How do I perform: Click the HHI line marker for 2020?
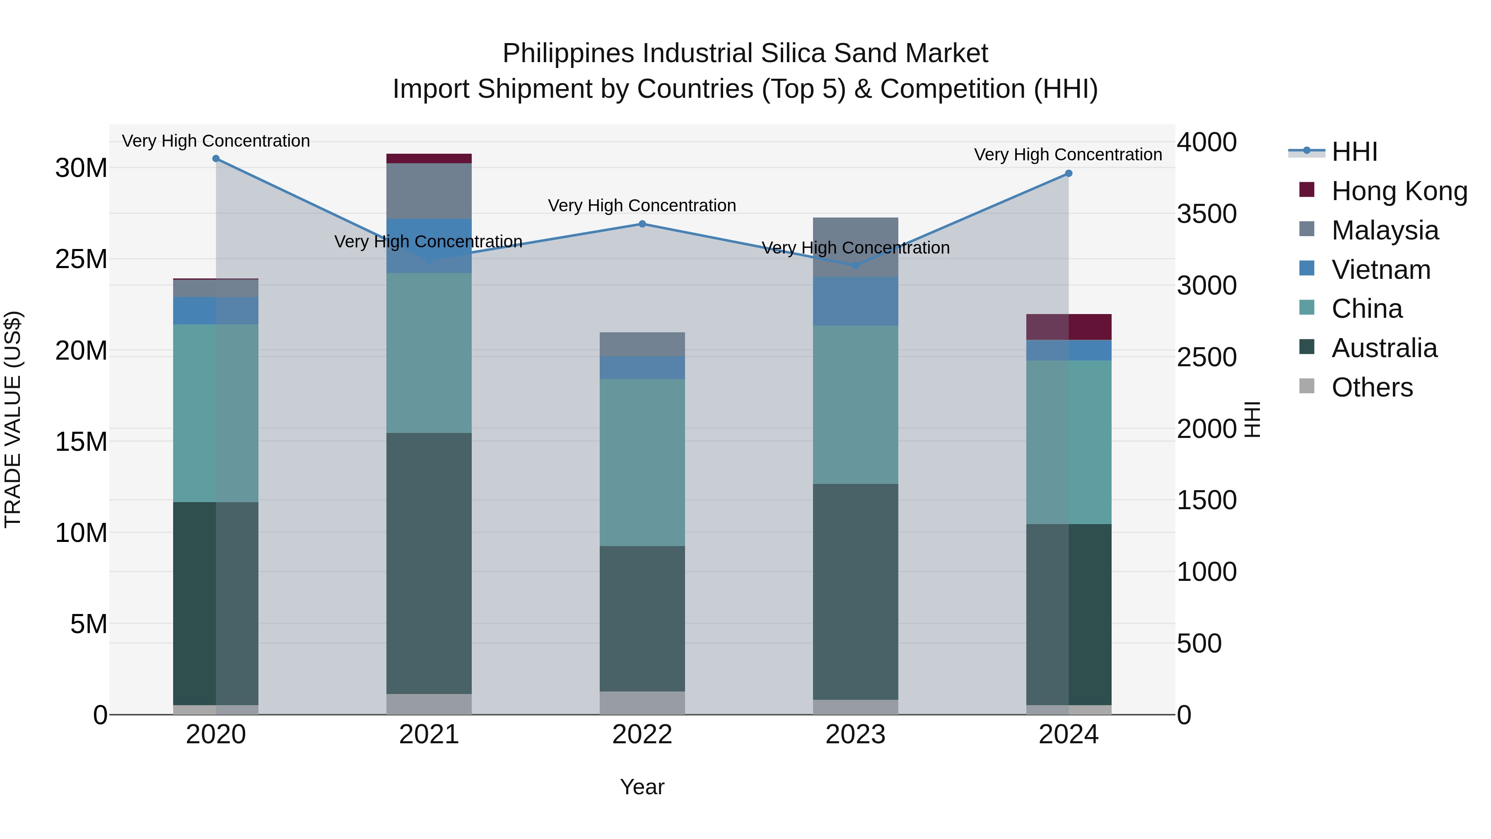click(216, 159)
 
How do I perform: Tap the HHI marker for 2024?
click(1069, 174)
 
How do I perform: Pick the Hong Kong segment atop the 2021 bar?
click(429, 159)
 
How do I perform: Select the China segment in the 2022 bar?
click(642, 462)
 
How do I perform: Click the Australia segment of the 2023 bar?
click(856, 592)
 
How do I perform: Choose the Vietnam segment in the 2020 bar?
click(216, 311)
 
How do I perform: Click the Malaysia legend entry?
click(1385, 230)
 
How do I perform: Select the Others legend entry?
click(1372, 387)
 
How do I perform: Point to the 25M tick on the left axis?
click(81, 259)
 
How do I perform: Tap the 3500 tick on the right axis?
click(1207, 214)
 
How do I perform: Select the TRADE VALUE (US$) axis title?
click(13, 419)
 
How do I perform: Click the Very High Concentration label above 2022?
click(642, 206)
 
